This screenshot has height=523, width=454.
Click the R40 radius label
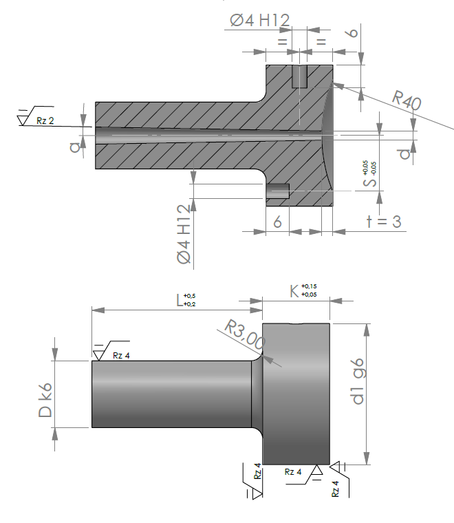(x=407, y=100)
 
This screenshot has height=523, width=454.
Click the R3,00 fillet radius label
(x=245, y=334)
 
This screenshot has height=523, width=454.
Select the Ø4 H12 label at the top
(x=259, y=21)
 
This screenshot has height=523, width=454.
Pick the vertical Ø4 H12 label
(x=184, y=234)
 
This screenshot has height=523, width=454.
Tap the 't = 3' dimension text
(x=384, y=222)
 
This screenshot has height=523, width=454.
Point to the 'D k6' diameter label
(x=45, y=401)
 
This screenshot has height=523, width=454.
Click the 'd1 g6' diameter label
(x=358, y=381)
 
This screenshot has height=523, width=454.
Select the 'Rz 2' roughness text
(x=45, y=120)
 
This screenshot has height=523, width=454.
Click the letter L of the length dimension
(x=180, y=300)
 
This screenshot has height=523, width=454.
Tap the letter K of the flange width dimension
(x=294, y=291)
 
